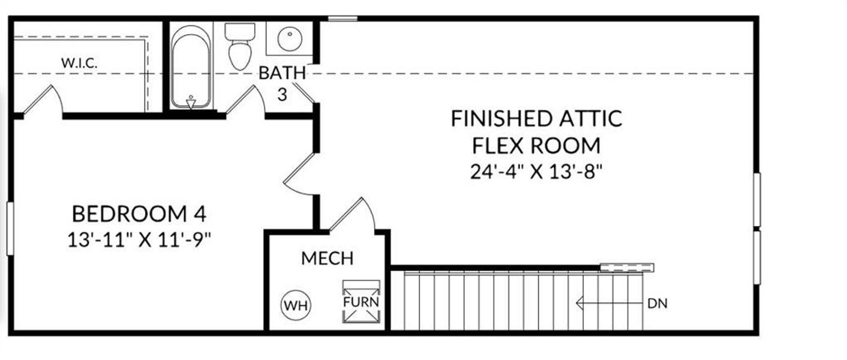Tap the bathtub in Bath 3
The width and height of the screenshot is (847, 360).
click(191, 66)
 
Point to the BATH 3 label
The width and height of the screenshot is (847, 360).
click(282, 83)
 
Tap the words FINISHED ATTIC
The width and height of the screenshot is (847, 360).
click(536, 119)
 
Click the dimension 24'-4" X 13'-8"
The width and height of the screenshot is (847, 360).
click(536, 172)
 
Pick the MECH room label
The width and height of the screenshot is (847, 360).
click(327, 259)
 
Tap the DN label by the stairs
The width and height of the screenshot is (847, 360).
click(657, 304)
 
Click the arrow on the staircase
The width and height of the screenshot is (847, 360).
click(606, 304)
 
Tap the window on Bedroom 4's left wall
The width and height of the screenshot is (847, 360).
click(10, 228)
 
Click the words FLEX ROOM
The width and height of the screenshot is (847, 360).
click(536, 145)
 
